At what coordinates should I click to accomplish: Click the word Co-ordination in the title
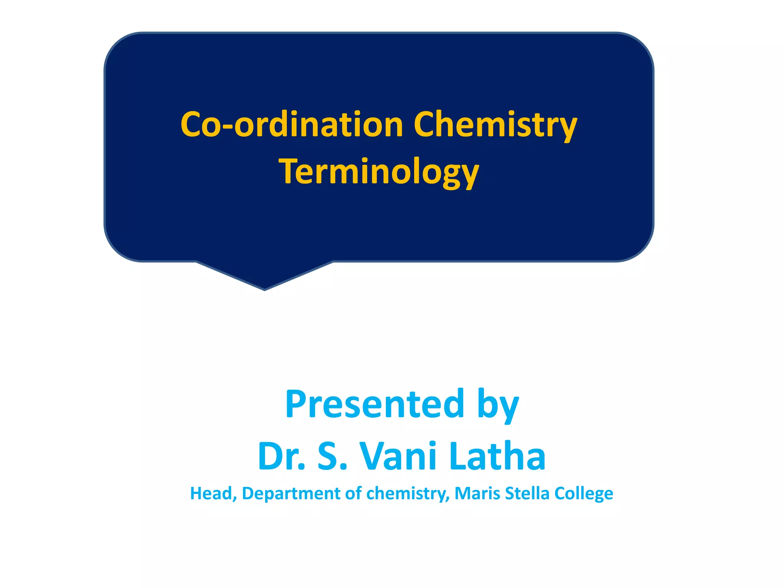click(292, 124)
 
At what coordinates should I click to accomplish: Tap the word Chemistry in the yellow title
click(495, 124)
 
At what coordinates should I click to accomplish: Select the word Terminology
click(379, 172)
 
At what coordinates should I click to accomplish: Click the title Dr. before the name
click(282, 456)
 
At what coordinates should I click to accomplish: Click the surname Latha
click(498, 456)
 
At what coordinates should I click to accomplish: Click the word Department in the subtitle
click(291, 493)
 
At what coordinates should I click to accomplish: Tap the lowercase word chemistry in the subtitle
click(407, 493)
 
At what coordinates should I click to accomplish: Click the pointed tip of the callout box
click(265, 289)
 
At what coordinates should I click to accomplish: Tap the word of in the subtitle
click(353, 493)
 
